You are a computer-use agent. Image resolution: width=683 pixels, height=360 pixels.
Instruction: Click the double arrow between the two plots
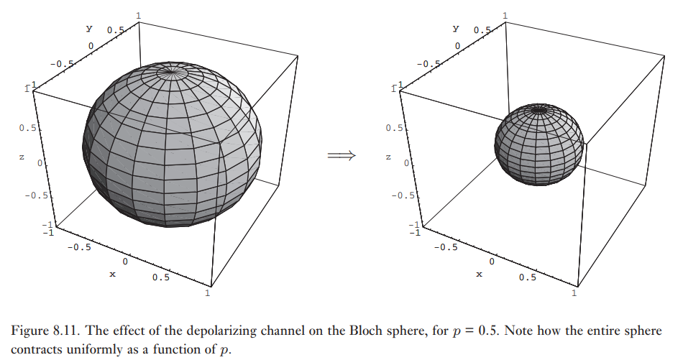[341, 156]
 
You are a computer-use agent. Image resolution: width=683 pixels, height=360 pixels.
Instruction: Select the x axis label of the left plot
[112, 274]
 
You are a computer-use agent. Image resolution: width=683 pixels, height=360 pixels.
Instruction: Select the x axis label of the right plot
[479, 274]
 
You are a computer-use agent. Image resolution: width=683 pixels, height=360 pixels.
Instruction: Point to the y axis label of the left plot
[89, 28]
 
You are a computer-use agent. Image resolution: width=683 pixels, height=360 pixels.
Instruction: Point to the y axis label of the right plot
[456, 28]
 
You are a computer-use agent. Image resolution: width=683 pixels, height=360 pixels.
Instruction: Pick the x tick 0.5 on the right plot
[528, 277]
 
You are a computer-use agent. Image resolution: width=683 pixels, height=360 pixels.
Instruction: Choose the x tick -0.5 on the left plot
[78, 247]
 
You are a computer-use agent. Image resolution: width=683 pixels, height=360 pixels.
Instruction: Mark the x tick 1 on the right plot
[575, 293]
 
